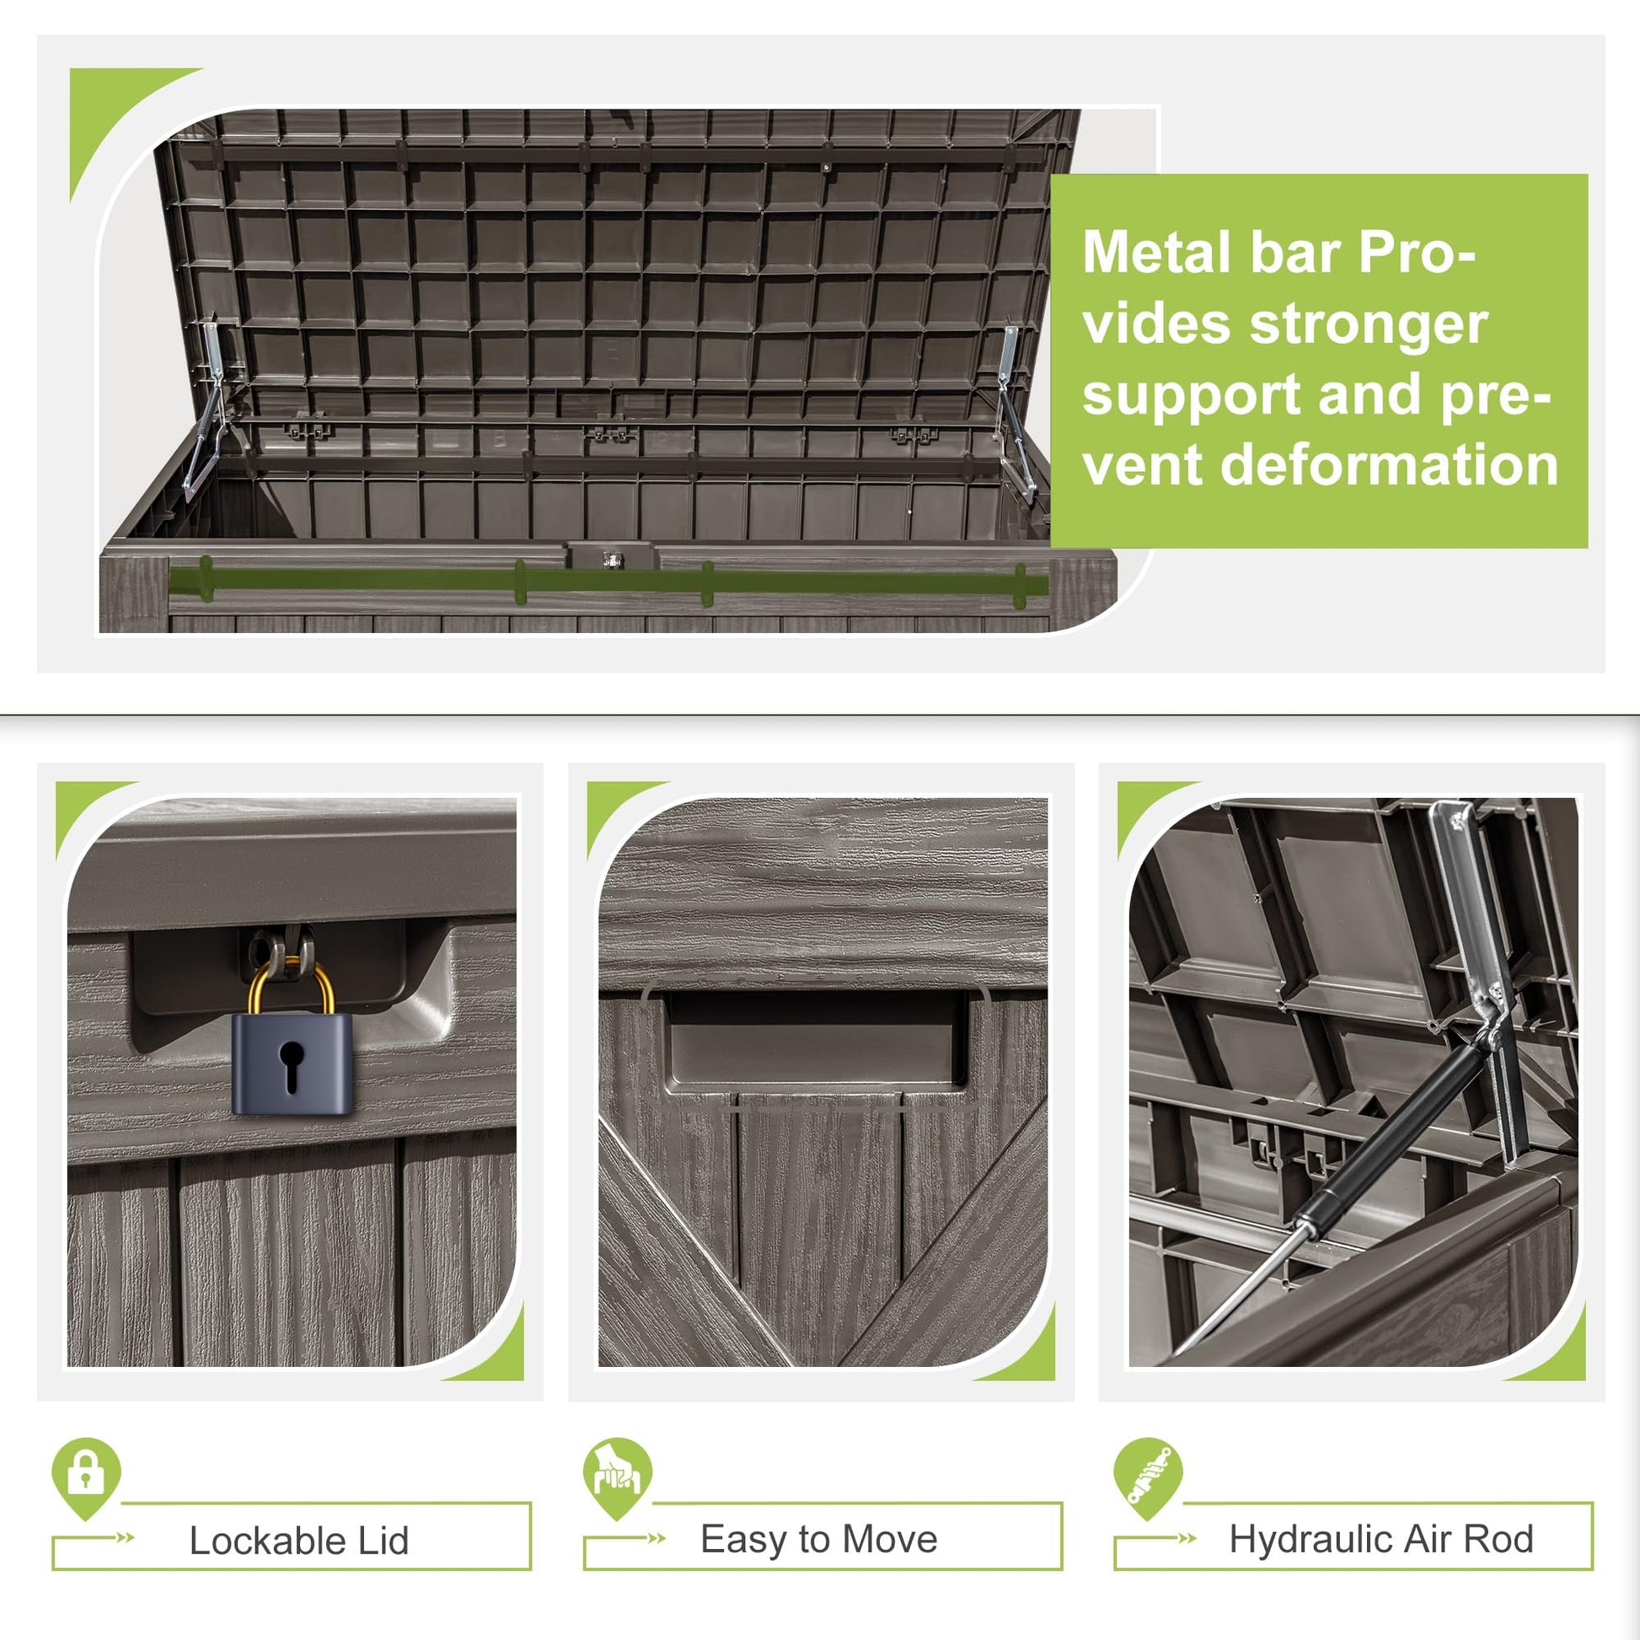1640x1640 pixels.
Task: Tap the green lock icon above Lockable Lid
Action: (x=86, y=1478)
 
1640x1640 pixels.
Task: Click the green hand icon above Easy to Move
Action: (x=617, y=1478)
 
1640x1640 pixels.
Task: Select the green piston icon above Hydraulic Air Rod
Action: (x=1148, y=1478)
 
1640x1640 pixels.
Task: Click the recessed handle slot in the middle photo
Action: (x=817, y=1041)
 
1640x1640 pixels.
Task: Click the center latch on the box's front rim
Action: (x=610, y=557)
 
